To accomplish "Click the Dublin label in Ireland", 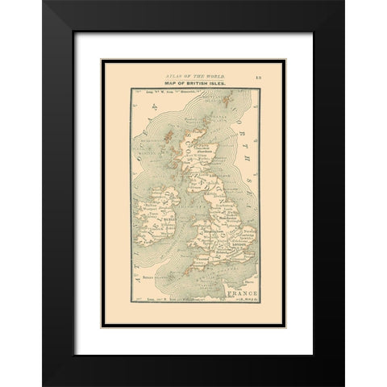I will click(x=172, y=218).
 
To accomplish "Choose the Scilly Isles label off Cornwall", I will click(x=156, y=274).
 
